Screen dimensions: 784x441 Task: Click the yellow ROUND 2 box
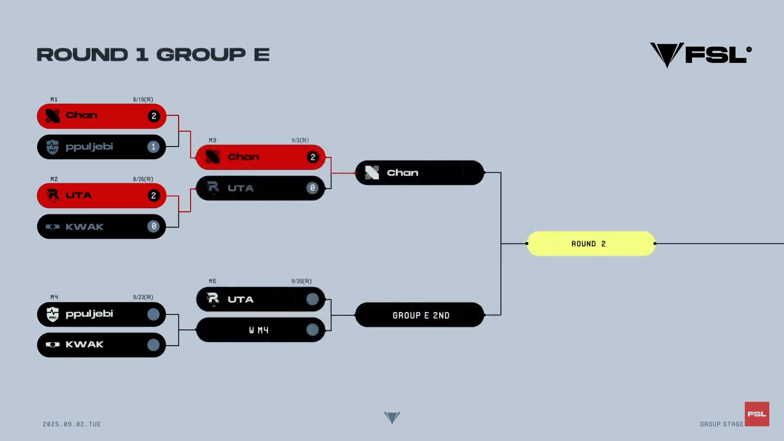[591, 244]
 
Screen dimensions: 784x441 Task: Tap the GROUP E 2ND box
[420, 315]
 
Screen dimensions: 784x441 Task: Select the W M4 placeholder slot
[261, 330]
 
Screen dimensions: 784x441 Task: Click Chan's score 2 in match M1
[154, 116]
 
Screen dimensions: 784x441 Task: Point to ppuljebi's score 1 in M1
[154, 147]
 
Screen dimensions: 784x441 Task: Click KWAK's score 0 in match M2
[154, 226]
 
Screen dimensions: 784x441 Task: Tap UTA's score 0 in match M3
[312, 188]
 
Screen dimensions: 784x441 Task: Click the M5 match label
[212, 281]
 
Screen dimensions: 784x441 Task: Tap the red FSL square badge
[757, 414]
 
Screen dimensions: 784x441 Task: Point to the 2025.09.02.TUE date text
[72, 424]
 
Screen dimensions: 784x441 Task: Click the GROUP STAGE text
[722, 424]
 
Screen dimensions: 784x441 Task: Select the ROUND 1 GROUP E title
[153, 55]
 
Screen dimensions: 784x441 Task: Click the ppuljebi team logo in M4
[53, 314]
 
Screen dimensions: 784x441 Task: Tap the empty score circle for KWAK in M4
[154, 345]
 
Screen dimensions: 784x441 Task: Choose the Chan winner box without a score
[420, 173]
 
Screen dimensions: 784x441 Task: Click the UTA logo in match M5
[213, 299]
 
